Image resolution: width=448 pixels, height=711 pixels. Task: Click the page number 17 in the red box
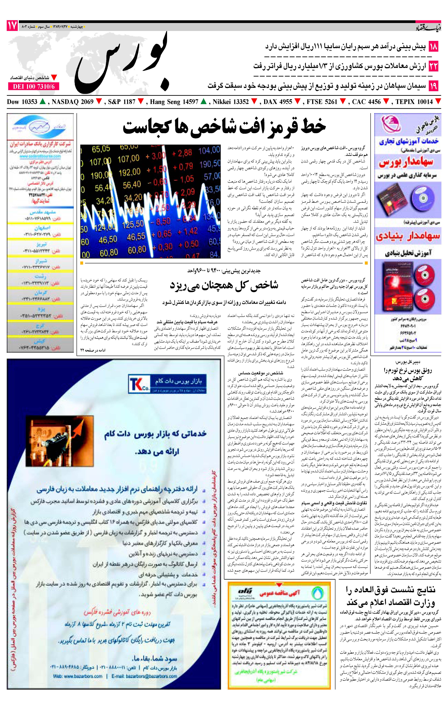pyautogui.click(x=12, y=26)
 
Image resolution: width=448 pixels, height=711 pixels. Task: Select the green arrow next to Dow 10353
pyautogui.click(x=43, y=102)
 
